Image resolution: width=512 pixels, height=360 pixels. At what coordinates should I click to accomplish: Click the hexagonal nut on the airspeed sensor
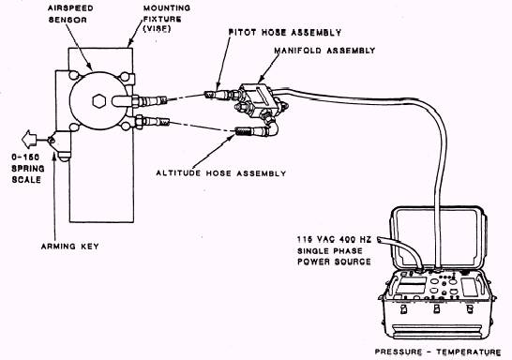(99, 101)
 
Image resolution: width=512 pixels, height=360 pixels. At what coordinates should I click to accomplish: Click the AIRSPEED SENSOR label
(70, 14)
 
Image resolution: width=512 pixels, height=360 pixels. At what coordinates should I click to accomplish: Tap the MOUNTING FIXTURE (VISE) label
(167, 18)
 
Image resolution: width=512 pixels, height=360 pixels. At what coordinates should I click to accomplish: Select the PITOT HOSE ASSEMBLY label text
(285, 32)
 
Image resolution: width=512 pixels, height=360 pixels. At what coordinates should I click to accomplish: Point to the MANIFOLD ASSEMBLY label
(324, 51)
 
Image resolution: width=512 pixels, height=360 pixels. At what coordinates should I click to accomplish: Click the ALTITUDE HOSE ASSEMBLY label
(221, 173)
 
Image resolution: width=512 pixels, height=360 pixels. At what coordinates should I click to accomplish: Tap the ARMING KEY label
(70, 247)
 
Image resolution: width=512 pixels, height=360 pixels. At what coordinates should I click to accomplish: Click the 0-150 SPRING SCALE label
(28, 169)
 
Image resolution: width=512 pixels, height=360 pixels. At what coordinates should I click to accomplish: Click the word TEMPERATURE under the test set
(469, 352)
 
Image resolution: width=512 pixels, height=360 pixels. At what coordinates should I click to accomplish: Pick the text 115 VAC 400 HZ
(334, 240)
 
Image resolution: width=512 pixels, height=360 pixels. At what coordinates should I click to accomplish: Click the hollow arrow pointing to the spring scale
(30, 140)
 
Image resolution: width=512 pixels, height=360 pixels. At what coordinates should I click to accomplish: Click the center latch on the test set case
(437, 308)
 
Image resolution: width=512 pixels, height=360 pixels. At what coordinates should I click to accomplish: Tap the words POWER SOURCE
(334, 262)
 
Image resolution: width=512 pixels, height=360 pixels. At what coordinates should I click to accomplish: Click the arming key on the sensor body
(60, 144)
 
